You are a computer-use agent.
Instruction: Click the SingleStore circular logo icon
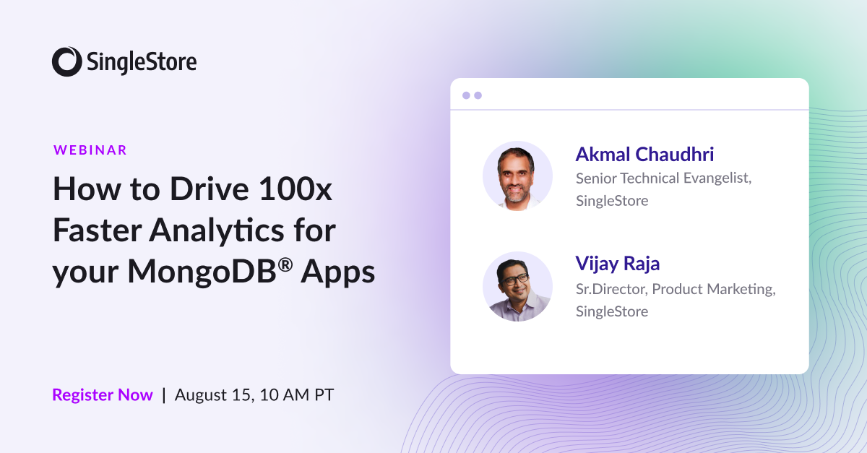tap(66, 61)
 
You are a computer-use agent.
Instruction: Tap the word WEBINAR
tap(90, 150)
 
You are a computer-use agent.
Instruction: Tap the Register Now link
tap(103, 394)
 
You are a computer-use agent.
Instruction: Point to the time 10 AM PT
tap(297, 394)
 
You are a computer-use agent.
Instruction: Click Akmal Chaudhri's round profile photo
tap(517, 176)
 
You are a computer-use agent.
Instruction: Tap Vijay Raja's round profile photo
tap(517, 286)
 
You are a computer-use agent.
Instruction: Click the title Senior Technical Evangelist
tap(663, 178)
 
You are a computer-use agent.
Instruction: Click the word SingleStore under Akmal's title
tap(612, 200)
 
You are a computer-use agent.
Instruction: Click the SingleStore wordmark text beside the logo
tap(142, 62)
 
